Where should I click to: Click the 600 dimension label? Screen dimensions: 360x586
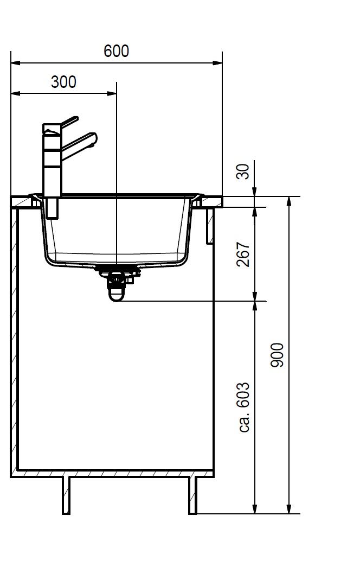116,51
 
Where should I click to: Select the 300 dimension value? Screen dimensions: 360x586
63,82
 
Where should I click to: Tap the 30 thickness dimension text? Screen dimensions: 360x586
243,171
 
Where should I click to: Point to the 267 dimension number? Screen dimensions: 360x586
243,254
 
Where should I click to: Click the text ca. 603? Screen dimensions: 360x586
243,407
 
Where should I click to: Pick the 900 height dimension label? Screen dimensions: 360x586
277,355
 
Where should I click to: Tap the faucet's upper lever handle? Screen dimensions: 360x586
69,122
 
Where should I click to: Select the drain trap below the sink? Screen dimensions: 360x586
117,284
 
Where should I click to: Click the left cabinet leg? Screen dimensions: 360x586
66,495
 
